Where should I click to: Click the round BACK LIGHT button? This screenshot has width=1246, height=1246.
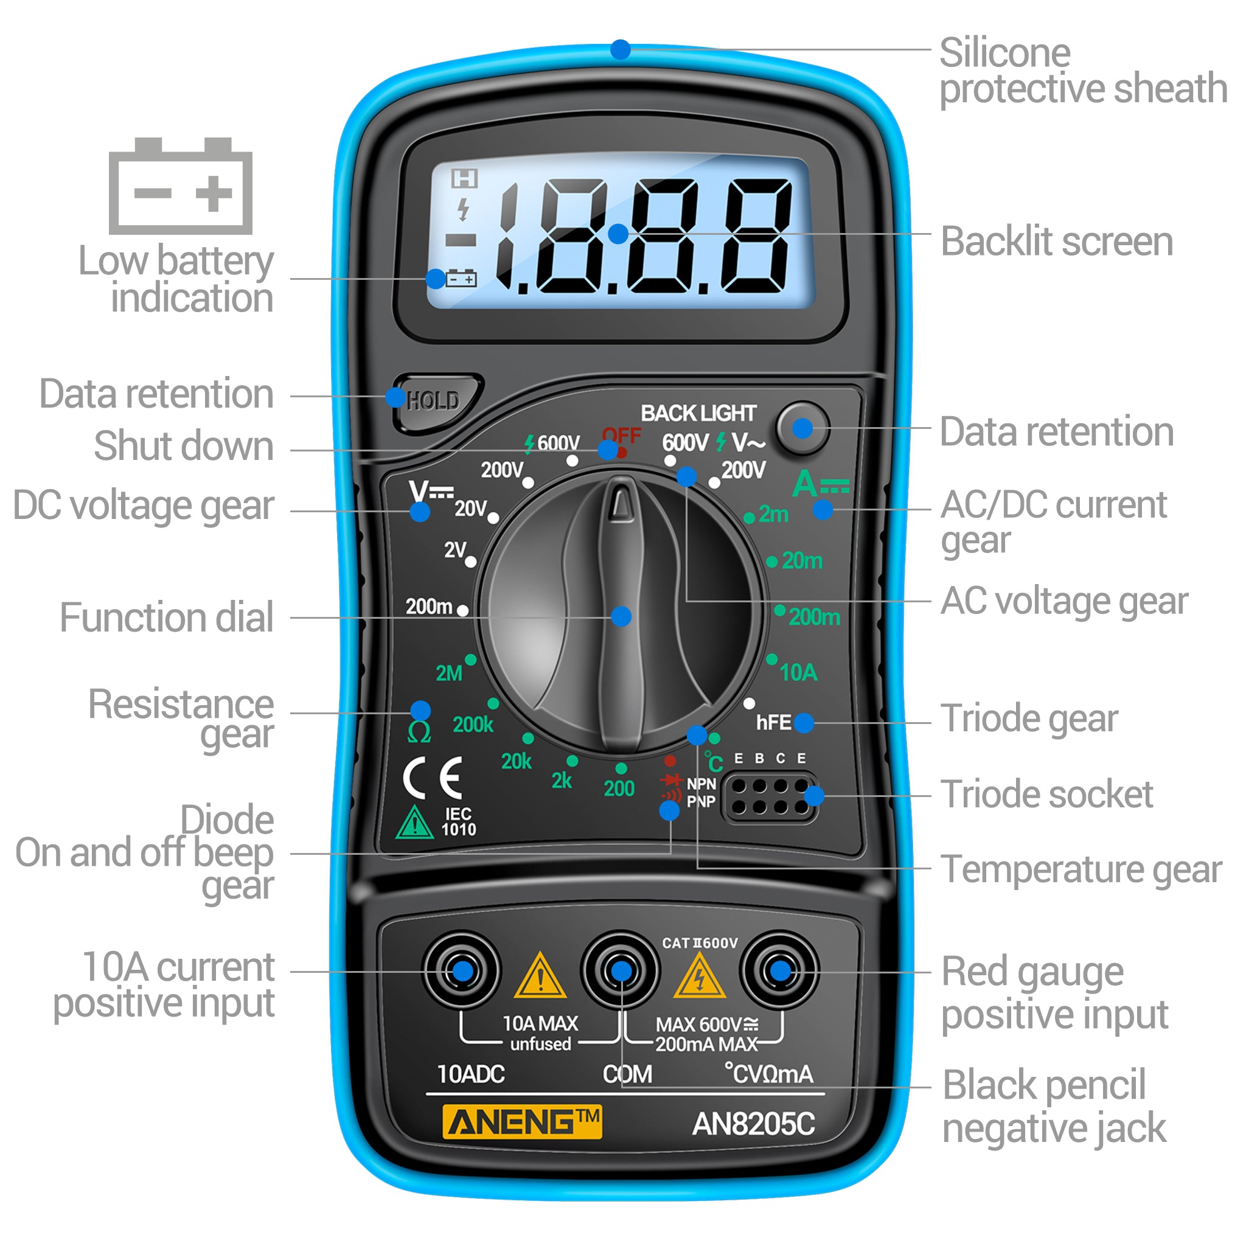(x=802, y=428)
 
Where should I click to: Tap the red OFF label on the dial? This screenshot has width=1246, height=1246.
(x=621, y=436)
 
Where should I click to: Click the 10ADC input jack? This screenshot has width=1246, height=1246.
(x=462, y=970)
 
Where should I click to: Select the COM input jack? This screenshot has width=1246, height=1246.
(x=621, y=970)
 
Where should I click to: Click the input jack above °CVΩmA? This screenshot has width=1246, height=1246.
(x=780, y=970)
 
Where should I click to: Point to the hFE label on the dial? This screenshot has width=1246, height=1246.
(x=773, y=722)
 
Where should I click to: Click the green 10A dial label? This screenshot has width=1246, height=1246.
(x=798, y=673)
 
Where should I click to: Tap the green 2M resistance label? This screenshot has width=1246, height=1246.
(x=449, y=673)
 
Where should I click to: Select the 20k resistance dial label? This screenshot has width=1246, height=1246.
(x=517, y=762)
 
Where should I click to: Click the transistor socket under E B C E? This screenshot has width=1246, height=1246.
(x=770, y=797)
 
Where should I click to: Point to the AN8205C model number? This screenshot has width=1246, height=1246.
(x=753, y=1124)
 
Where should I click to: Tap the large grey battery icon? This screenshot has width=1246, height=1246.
(x=181, y=186)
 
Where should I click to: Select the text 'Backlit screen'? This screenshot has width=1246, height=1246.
(x=1056, y=242)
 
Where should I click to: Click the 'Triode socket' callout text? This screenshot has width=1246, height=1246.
(x=1046, y=794)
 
